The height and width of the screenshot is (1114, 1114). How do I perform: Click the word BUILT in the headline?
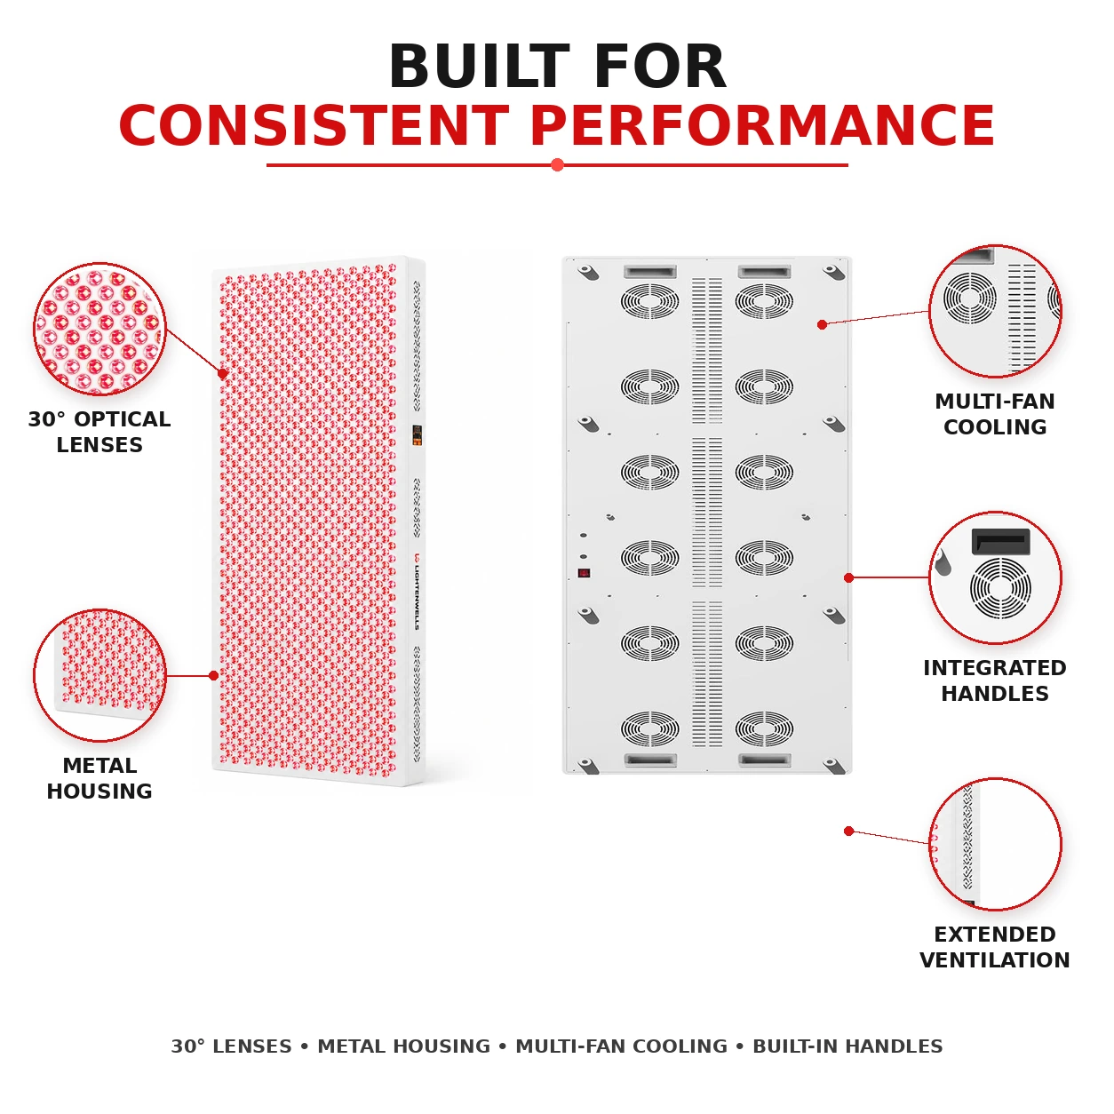(480, 67)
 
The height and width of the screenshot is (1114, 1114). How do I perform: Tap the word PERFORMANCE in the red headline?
(762, 126)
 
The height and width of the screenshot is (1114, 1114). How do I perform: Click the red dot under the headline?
(557, 165)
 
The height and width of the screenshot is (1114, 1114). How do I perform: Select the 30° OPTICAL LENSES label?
(99, 432)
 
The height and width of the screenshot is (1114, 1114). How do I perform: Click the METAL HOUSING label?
(99, 778)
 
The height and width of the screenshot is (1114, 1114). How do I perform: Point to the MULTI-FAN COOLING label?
(994, 414)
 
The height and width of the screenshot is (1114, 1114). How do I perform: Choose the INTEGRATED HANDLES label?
(994, 680)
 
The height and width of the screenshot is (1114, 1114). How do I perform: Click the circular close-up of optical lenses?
(100, 329)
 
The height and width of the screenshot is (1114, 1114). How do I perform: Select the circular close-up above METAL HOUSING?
(100, 675)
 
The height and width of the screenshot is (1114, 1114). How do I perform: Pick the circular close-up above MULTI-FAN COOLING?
(995, 311)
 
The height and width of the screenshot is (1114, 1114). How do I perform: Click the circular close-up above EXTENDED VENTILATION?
(995, 844)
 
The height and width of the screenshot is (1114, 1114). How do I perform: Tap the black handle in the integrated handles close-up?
(1000, 542)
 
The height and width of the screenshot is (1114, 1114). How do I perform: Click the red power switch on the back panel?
(584, 573)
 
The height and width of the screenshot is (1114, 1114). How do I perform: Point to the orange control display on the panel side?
(417, 435)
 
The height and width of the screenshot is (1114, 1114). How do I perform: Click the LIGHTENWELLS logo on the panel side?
(417, 591)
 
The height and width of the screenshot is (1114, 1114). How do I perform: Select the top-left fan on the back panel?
(649, 300)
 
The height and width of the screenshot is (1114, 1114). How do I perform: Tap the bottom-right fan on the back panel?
(764, 728)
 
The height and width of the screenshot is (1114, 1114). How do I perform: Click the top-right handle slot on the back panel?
(764, 272)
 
